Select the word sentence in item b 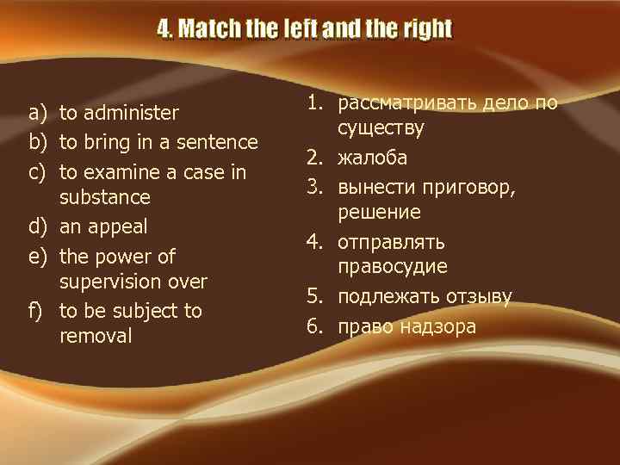(x=218, y=142)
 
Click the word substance (x=104, y=197)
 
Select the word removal (x=96, y=336)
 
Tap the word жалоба (x=373, y=158)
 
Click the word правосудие (x=393, y=267)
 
